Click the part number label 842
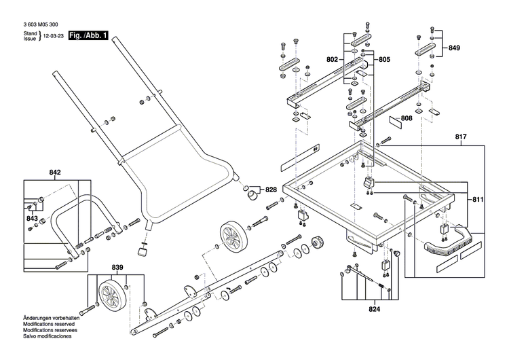point(55,173)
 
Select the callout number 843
point(32,218)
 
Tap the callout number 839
point(117,267)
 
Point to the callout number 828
point(271,190)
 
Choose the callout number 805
point(384,60)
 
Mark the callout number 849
point(454,48)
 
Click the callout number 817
point(461,137)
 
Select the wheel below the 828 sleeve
point(232,238)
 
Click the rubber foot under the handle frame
point(143,252)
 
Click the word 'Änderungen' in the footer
point(37,318)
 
